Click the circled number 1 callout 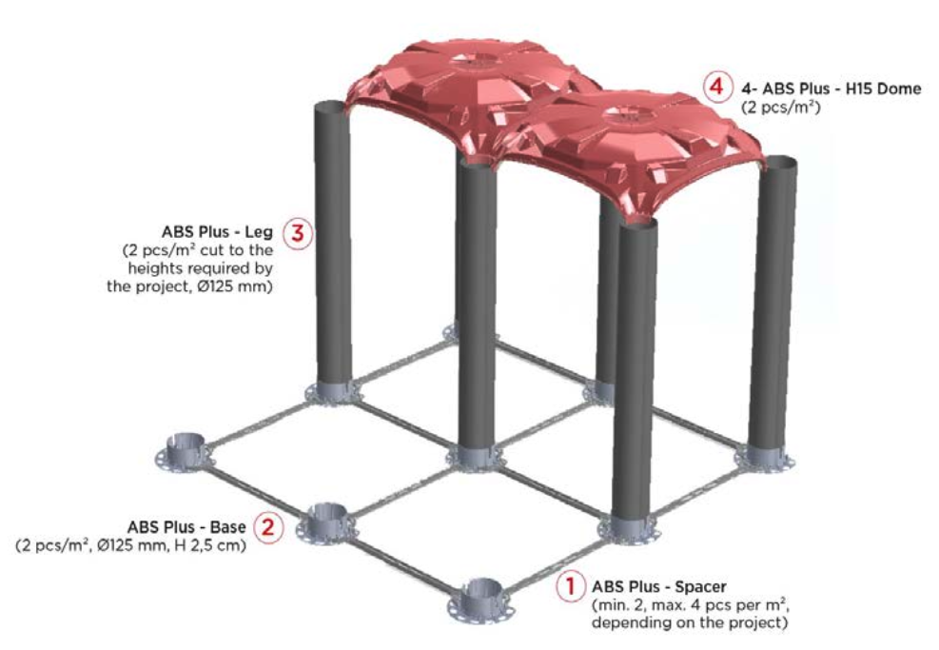point(570,586)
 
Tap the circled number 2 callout point(268,527)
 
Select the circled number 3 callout point(298,232)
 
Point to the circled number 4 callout point(716,88)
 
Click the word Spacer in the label point(700,586)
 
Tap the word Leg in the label point(259,232)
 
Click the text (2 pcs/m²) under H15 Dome point(780,107)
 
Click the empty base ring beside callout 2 point(326,522)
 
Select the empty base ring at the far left point(184,449)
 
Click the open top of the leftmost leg point(331,109)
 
